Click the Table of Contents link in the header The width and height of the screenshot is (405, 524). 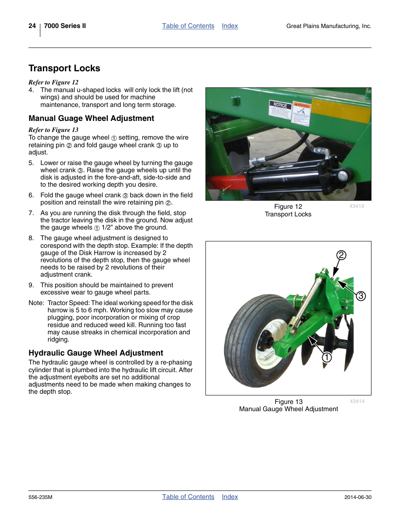pyautogui.click(x=188, y=26)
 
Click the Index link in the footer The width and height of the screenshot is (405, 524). pyautogui.click(x=230, y=497)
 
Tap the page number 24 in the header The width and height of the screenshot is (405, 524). pyautogui.click(x=32, y=26)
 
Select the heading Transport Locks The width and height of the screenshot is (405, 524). pyautogui.click(x=65, y=68)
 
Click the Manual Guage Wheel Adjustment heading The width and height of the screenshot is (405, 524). pyautogui.click(x=91, y=118)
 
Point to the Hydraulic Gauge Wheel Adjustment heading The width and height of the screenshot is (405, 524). pyautogui.click(x=96, y=353)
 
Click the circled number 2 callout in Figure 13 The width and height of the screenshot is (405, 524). pyautogui.click(x=341, y=255)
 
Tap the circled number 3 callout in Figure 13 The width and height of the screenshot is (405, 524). pyautogui.click(x=361, y=296)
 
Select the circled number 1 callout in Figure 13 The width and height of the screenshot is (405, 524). pyautogui.click(x=326, y=357)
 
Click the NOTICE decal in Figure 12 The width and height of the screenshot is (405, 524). pyautogui.click(x=280, y=109)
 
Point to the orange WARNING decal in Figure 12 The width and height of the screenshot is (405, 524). pyautogui.click(x=301, y=112)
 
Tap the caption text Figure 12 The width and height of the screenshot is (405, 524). pyautogui.click(x=288, y=207)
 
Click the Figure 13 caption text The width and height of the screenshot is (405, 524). pyautogui.click(x=288, y=402)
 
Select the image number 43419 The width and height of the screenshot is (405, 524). pyautogui.click(x=357, y=206)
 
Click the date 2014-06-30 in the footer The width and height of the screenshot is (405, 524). pyautogui.click(x=357, y=497)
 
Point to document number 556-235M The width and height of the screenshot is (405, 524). pyautogui.click(x=40, y=497)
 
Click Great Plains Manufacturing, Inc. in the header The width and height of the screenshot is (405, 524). pyautogui.click(x=329, y=26)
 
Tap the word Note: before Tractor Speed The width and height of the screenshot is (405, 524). pyautogui.click(x=36, y=303)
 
